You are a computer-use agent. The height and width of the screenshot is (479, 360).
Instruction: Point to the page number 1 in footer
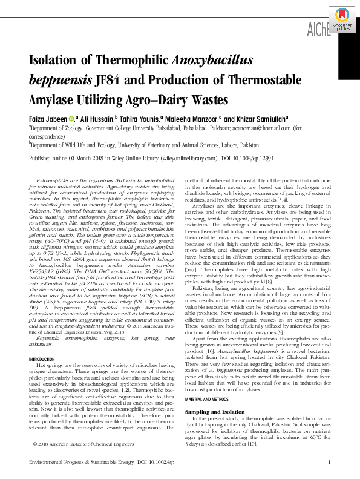328,463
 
